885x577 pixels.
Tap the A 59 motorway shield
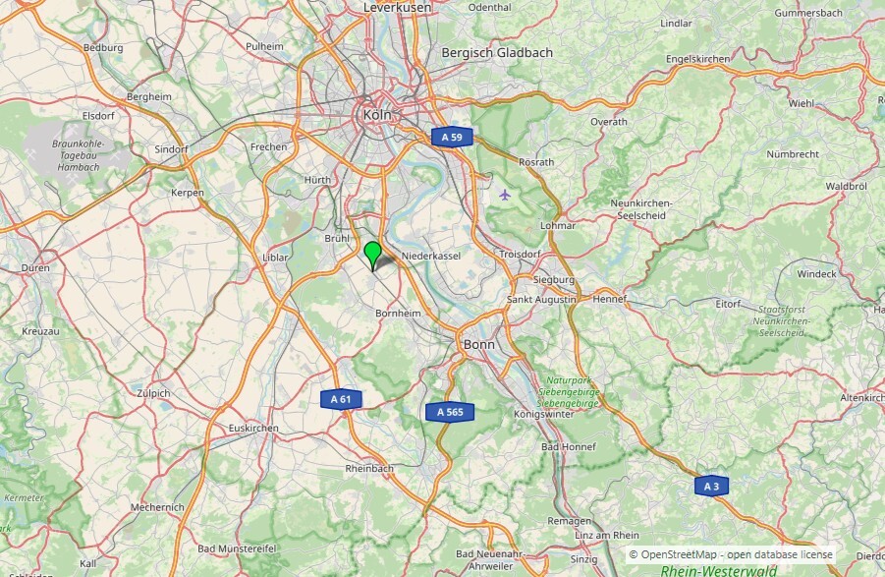pyautogui.click(x=451, y=138)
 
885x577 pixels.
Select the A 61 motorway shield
pyautogui.click(x=340, y=399)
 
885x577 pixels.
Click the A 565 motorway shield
pyautogui.click(x=450, y=412)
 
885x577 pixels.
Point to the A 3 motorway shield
pyautogui.click(x=711, y=486)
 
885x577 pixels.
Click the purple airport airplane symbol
pyautogui.click(x=505, y=194)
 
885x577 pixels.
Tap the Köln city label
pyautogui.click(x=377, y=115)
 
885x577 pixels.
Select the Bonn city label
pyautogui.click(x=479, y=345)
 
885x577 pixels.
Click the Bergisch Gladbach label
pyautogui.click(x=497, y=53)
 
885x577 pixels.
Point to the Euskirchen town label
pyautogui.click(x=253, y=429)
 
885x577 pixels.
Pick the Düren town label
pyautogui.click(x=35, y=267)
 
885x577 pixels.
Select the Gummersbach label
pyautogui.click(x=808, y=13)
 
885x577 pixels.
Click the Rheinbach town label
pyautogui.click(x=369, y=469)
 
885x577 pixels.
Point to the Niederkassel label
pyautogui.click(x=431, y=255)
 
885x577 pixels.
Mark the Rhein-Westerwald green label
pyautogui.click(x=719, y=570)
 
